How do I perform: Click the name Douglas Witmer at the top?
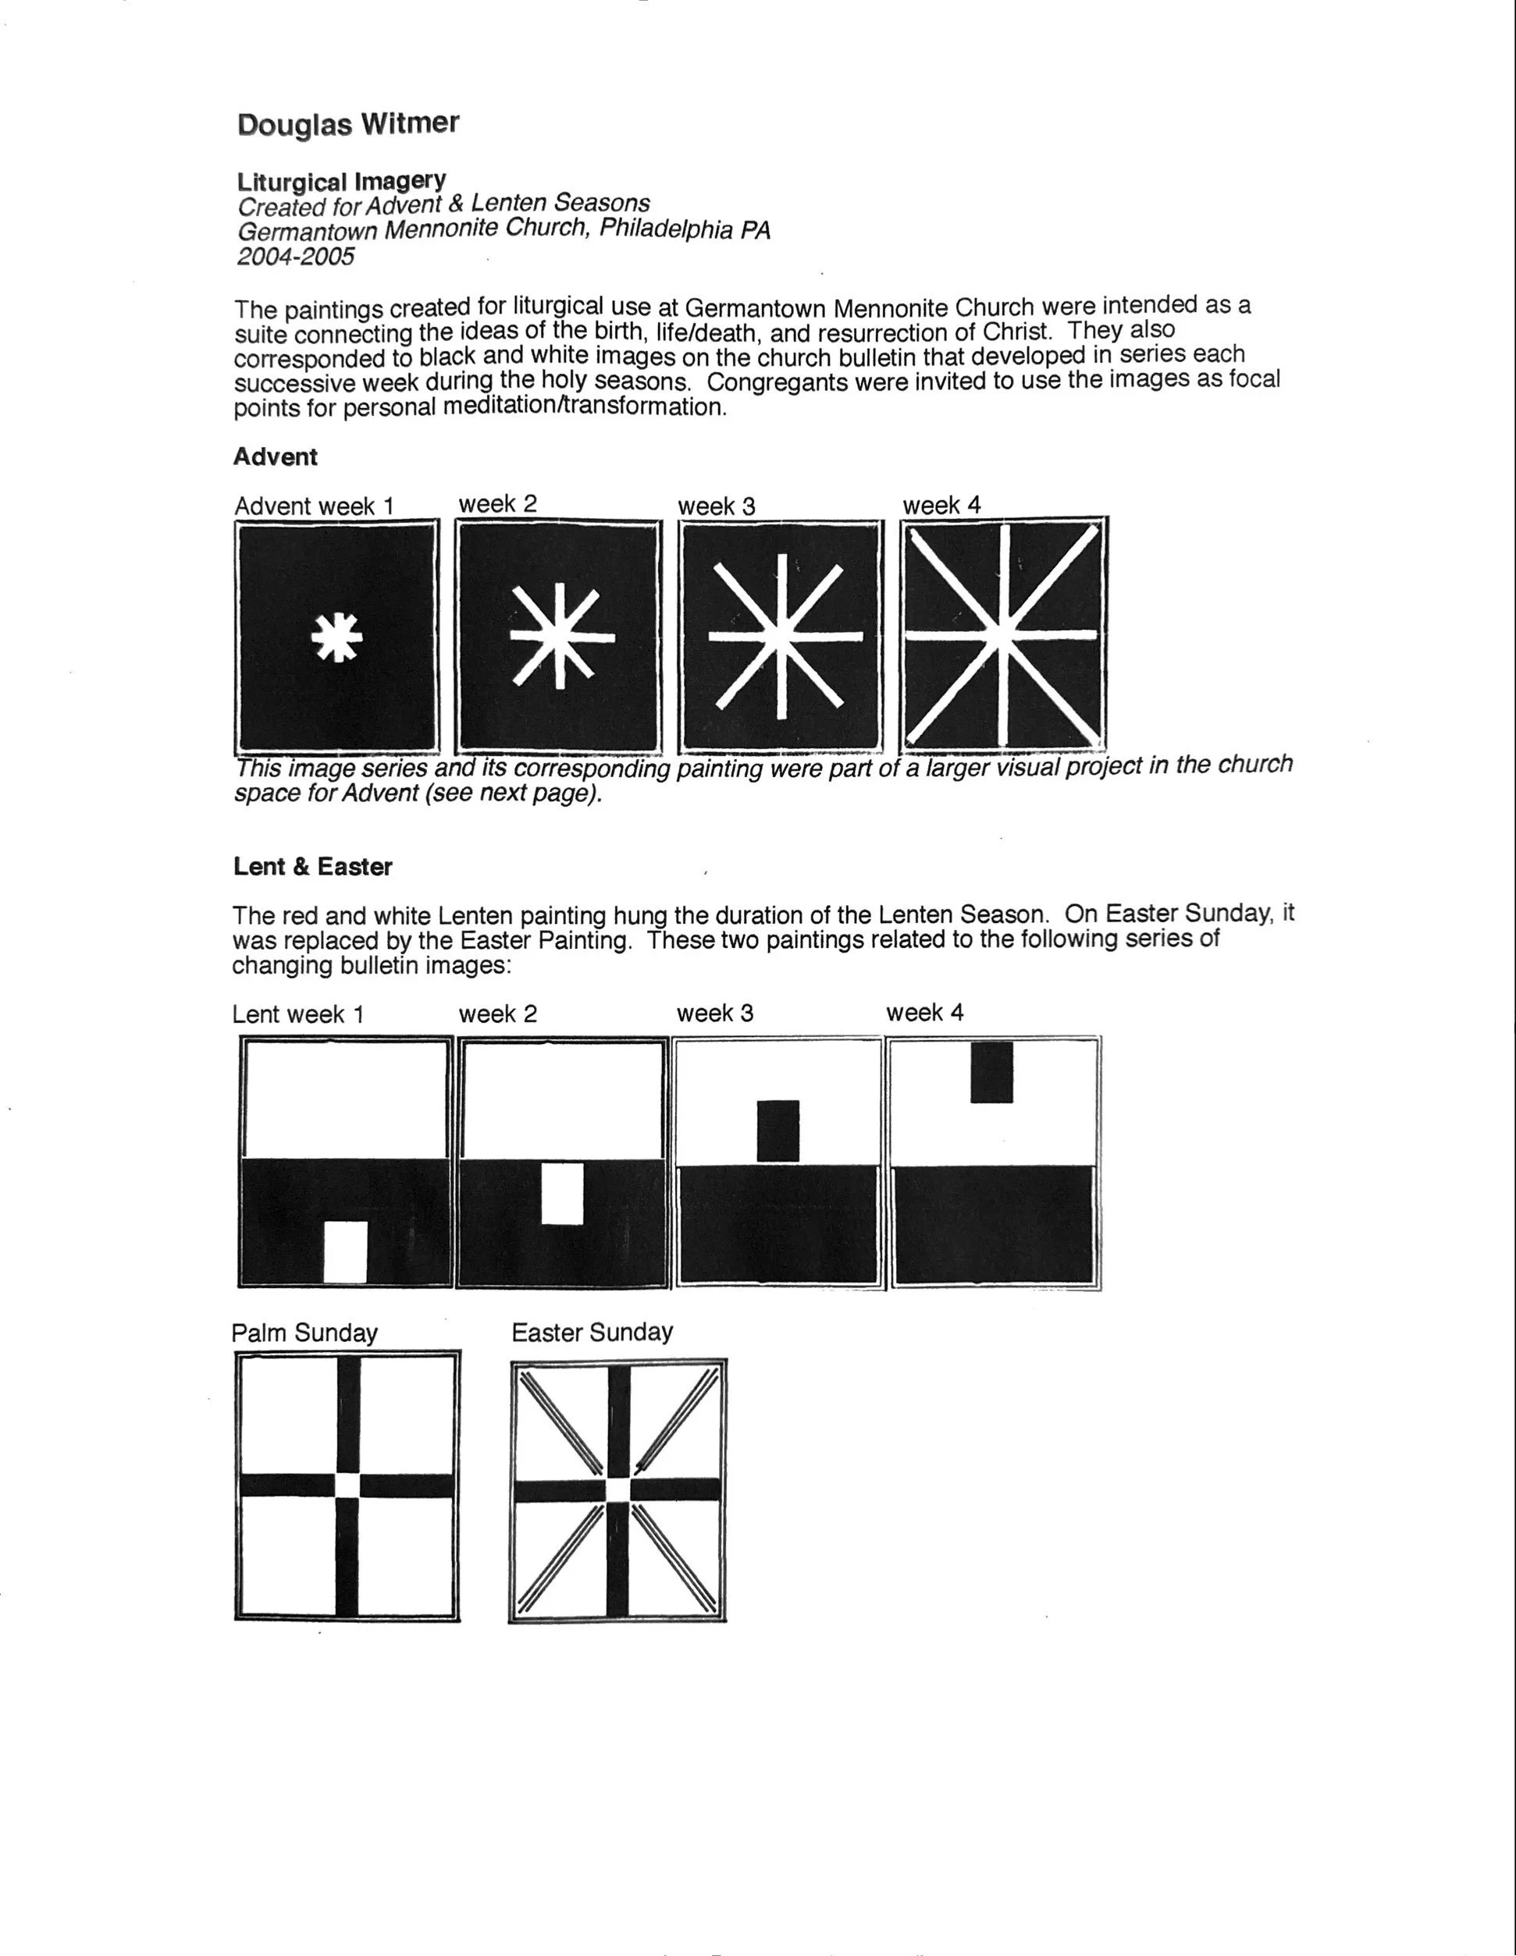347,123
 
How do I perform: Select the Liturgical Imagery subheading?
341,181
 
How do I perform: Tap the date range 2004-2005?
296,257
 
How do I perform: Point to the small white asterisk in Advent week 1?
337,637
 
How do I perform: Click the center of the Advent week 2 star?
560,637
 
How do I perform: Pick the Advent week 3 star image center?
781,637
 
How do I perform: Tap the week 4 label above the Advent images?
941,505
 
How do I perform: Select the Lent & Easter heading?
313,867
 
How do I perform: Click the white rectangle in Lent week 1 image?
345,1252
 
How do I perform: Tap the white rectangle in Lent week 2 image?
563,1193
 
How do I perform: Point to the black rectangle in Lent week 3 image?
778,1131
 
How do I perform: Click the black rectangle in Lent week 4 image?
992,1072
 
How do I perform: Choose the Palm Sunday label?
304,1333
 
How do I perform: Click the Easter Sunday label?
593,1332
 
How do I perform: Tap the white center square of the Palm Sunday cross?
347,1485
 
